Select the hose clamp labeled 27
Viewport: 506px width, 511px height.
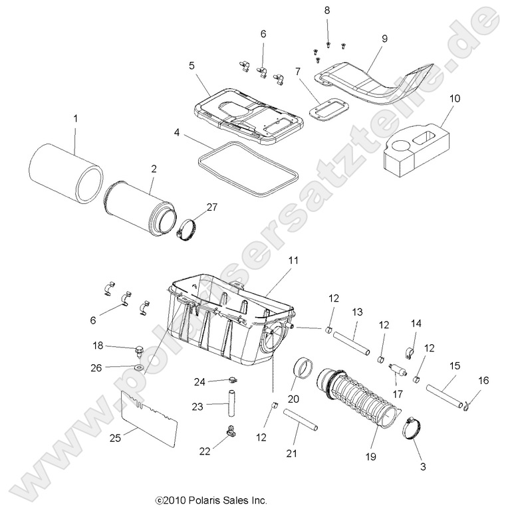(x=188, y=229)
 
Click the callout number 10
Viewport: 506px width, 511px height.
(x=454, y=99)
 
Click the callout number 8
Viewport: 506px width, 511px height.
(x=326, y=10)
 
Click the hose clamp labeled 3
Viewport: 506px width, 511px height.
(x=412, y=429)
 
